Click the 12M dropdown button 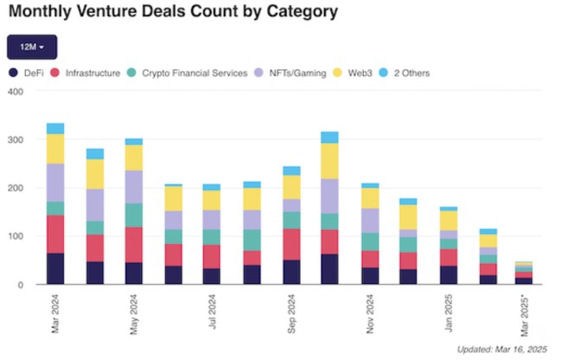pyautogui.click(x=31, y=47)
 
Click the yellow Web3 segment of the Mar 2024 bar pyautogui.click(x=55, y=149)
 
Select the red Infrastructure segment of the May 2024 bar pyautogui.click(x=134, y=244)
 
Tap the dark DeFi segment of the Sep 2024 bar pyautogui.click(x=292, y=272)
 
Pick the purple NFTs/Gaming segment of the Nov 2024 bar pyautogui.click(x=371, y=221)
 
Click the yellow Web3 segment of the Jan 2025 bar pyautogui.click(x=450, y=221)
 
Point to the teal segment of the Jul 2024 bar pyautogui.click(x=213, y=237)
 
